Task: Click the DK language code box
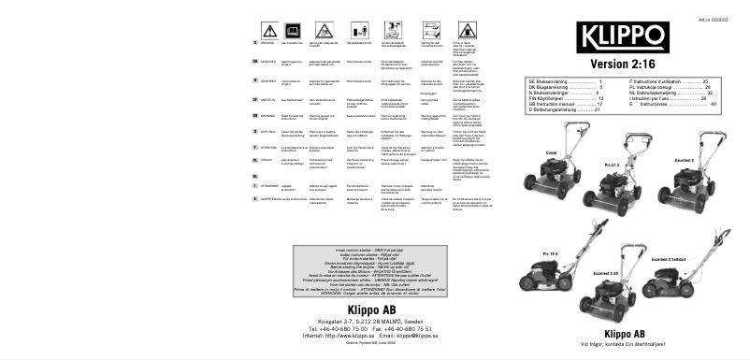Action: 256,61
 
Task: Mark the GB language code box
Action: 256,115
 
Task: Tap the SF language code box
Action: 256,97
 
